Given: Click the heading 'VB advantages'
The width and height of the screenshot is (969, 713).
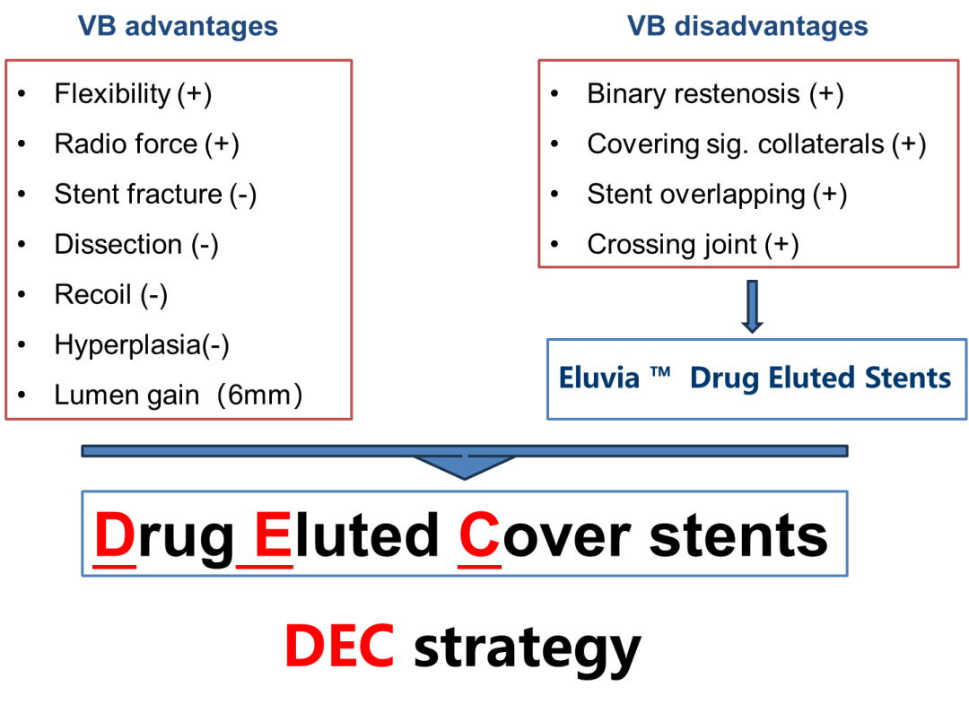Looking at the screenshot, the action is point(178,27).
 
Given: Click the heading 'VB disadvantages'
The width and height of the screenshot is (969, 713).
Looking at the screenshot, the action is point(747,27).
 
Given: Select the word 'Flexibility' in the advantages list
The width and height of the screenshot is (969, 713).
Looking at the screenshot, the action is point(112,94).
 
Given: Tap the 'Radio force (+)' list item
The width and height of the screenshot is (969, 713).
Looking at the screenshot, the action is point(146,144).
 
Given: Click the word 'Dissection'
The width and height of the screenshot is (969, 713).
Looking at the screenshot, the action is point(118,244).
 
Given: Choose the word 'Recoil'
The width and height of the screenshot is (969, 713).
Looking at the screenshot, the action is point(92,294).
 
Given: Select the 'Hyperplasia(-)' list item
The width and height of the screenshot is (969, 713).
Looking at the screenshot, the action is point(142,344).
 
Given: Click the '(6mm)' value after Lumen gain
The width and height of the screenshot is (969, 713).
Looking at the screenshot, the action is point(259,395).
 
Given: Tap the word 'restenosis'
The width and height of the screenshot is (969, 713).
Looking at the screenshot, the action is point(738,94).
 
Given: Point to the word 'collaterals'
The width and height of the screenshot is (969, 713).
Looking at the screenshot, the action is point(821,144).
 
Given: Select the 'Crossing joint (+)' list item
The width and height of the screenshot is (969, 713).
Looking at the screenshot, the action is point(693,245).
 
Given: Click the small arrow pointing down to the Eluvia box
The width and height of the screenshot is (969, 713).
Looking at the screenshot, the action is point(752,307).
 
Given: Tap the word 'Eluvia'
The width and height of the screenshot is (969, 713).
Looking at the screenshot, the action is point(598,378).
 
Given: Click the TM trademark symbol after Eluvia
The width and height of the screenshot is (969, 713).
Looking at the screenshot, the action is point(660,371).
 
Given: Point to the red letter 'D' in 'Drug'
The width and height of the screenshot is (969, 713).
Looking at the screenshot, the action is point(114,535).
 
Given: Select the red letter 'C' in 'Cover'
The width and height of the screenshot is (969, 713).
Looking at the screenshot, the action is point(479,535).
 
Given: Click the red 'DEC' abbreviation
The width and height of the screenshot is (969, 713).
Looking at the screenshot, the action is point(339,646).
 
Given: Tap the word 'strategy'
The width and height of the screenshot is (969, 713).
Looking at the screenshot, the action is point(528,650).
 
